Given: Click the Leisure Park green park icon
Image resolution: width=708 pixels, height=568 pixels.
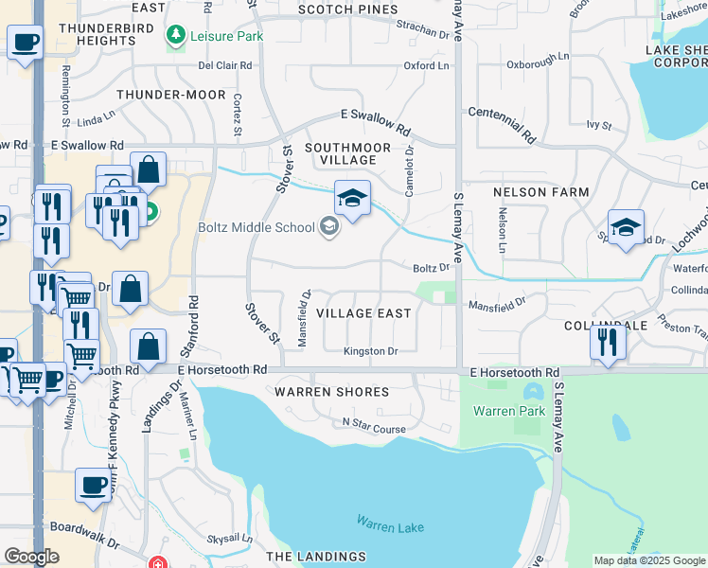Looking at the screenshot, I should point(174,36).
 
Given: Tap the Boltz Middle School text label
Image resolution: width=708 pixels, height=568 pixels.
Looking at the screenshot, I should point(256,226).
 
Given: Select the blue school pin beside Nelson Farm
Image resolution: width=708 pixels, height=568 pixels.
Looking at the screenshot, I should point(626,228).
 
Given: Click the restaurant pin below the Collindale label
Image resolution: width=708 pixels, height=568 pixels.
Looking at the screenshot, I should point(608,342).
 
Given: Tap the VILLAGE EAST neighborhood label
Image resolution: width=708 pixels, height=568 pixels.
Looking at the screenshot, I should point(363,313).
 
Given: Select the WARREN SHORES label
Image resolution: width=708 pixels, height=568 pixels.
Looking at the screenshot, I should point(331,392).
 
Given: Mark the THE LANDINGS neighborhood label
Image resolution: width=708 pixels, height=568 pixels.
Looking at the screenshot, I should point(315,557).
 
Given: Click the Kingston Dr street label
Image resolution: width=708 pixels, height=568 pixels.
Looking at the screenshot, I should point(371,351).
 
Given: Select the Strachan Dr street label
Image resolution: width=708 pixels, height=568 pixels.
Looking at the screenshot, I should point(421,31).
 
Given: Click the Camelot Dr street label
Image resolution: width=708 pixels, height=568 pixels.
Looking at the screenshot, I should point(410,170).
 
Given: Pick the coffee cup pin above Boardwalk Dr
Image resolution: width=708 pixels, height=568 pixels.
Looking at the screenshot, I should point(94,486).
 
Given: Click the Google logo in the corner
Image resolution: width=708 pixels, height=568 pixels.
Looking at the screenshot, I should point(31,557).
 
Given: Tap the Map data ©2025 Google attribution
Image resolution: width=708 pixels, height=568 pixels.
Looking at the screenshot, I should point(648,560).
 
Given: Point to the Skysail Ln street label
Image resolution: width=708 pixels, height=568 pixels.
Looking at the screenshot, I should point(224,538).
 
